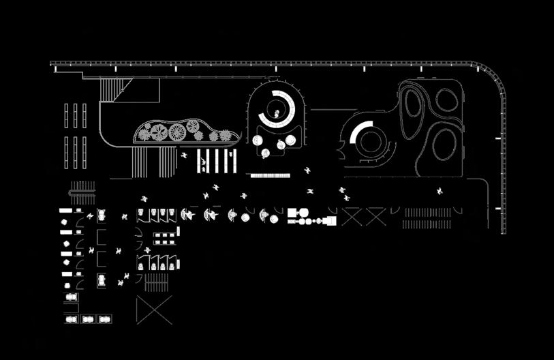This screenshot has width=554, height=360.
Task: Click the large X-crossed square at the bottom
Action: (155, 310)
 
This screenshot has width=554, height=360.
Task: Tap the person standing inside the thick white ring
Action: (279, 114)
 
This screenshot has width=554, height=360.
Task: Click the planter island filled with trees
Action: (184, 132)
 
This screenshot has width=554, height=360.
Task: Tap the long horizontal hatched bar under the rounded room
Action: (271, 175)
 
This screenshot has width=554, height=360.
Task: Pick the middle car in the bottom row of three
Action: (88, 318)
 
